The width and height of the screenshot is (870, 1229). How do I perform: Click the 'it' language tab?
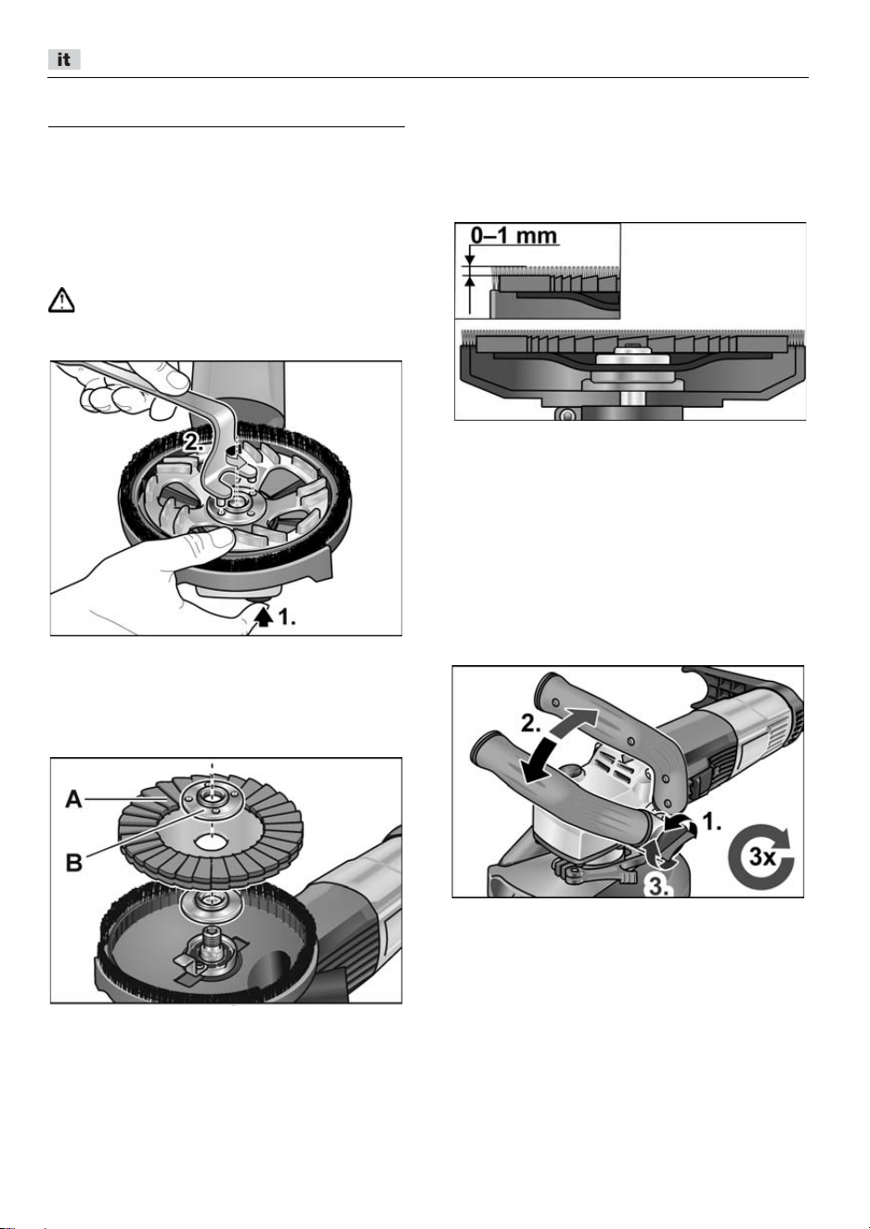pyautogui.click(x=64, y=59)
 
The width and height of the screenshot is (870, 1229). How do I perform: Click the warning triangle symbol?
pyautogui.click(x=61, y=300)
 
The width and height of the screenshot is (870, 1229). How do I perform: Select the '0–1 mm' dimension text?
pyautogui.click(x=514, y=235)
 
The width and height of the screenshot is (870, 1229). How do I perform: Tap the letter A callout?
pyautogui.click(x=74, y=799)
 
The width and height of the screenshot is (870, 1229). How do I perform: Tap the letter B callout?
pyautogui.click(x=74, y=862)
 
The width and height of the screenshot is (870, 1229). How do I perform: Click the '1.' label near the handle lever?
pyautogui.click(x=711, y=822)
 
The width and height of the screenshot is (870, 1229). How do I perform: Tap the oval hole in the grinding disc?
pyautogui.click(x=211, y=841)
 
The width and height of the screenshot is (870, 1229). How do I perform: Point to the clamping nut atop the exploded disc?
pyautogui.click(x=211, y=801)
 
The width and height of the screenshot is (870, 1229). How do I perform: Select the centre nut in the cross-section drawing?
pyautogui.click(x=630, y=350)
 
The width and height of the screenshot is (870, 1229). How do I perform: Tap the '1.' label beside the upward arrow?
pyautogui.click(x=287, y=618)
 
